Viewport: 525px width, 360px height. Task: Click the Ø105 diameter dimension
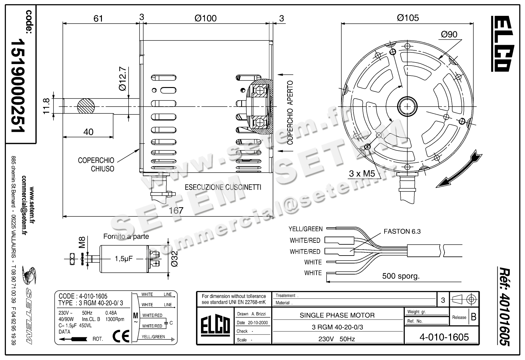coord(408,18)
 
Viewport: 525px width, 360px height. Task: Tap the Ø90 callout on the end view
coord(449,34)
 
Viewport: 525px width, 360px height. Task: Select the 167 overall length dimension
coord(176,210)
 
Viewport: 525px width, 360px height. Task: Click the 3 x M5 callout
coord(362,173)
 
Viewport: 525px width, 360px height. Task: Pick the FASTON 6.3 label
coord(402,231)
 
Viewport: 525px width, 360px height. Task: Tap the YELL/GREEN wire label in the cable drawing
coord(305,229)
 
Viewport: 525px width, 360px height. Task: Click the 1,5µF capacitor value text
coord(124,258)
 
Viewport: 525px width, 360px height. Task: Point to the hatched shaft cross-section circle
coord(85,106)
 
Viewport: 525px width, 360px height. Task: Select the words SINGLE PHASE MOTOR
coord(337,315)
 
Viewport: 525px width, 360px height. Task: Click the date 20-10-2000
coord(256,323)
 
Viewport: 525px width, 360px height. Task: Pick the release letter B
coord(473,317)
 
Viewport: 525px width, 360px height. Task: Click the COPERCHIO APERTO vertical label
coord(290,113)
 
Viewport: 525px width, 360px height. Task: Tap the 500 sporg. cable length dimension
coord(401,276)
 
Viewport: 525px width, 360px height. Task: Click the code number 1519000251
coord(18,86)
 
